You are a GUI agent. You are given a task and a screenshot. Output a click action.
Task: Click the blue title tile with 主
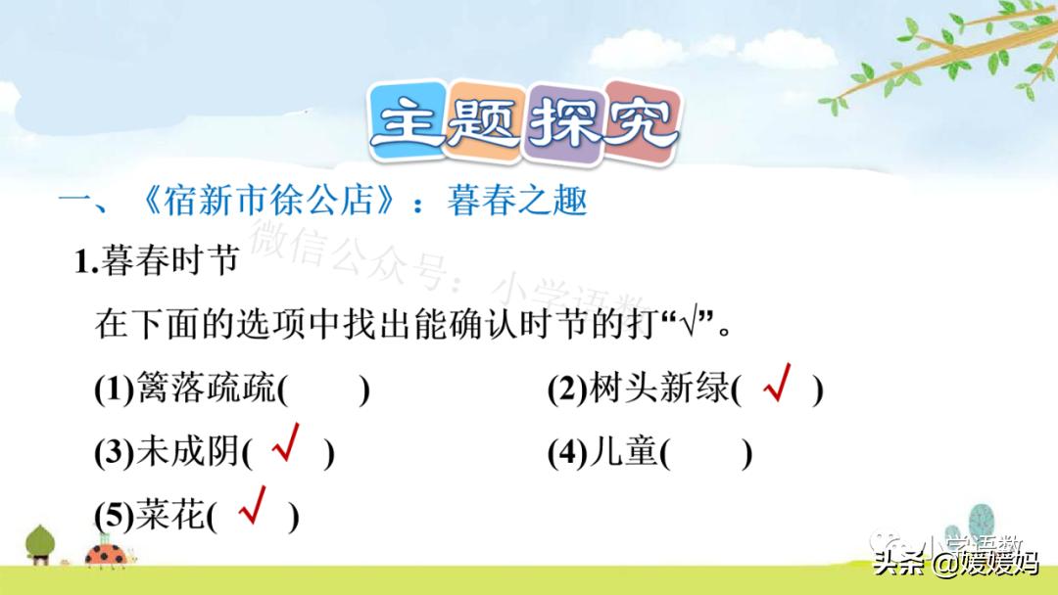(x=408, y=121)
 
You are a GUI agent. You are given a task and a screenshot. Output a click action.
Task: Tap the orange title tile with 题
(x=485, y=122)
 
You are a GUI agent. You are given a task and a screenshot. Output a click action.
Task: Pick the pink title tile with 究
(x=642, y=122)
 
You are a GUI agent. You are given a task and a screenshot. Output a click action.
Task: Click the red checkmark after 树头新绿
(x=777, y=383)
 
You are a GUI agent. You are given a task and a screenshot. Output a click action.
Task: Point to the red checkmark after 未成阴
(x=285, y=442)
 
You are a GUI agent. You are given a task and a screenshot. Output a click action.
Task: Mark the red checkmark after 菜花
(x=253, y=505)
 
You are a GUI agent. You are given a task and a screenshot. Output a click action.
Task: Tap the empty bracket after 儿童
(x=705, y=453)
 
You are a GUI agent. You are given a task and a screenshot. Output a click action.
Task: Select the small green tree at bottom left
(x=40, y=544)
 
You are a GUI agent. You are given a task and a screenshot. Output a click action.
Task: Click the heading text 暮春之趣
(x=517, y=201)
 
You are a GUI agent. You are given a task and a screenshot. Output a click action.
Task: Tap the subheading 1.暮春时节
(x=157, y=260)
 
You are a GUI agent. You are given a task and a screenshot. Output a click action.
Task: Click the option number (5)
(x=115, y=516)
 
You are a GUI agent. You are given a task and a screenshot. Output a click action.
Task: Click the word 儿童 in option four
(x=624, y=451)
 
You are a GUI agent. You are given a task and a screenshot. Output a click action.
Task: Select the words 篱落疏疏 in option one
(x=206, y=389)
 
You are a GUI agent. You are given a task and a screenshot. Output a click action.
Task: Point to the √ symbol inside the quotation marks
(x=691, y=324)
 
